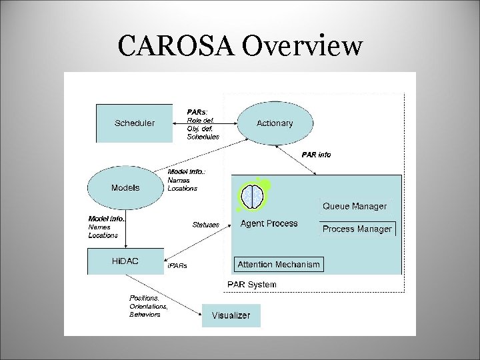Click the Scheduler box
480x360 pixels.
[x=134, y=123]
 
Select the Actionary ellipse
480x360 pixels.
[x=274, y=123]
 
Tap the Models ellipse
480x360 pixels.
[x=125, y=187]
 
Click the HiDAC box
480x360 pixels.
[x=125, y=261]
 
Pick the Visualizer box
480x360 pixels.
[x=231, y=315]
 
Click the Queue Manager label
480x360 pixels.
[x=354, y=207]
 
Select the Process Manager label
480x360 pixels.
[x=357, y=229]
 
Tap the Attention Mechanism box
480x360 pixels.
[x=279, y=265]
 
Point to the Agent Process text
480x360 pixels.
[x=269, y=223]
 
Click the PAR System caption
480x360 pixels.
[x=251, y=285]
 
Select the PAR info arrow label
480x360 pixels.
[x=316, y=155]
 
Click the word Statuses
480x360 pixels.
[x=205, y=225]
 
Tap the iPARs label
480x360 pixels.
[x=178, y=265]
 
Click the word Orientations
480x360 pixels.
[x=148, y=306]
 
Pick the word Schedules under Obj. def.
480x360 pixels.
[x=203, y=137]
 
